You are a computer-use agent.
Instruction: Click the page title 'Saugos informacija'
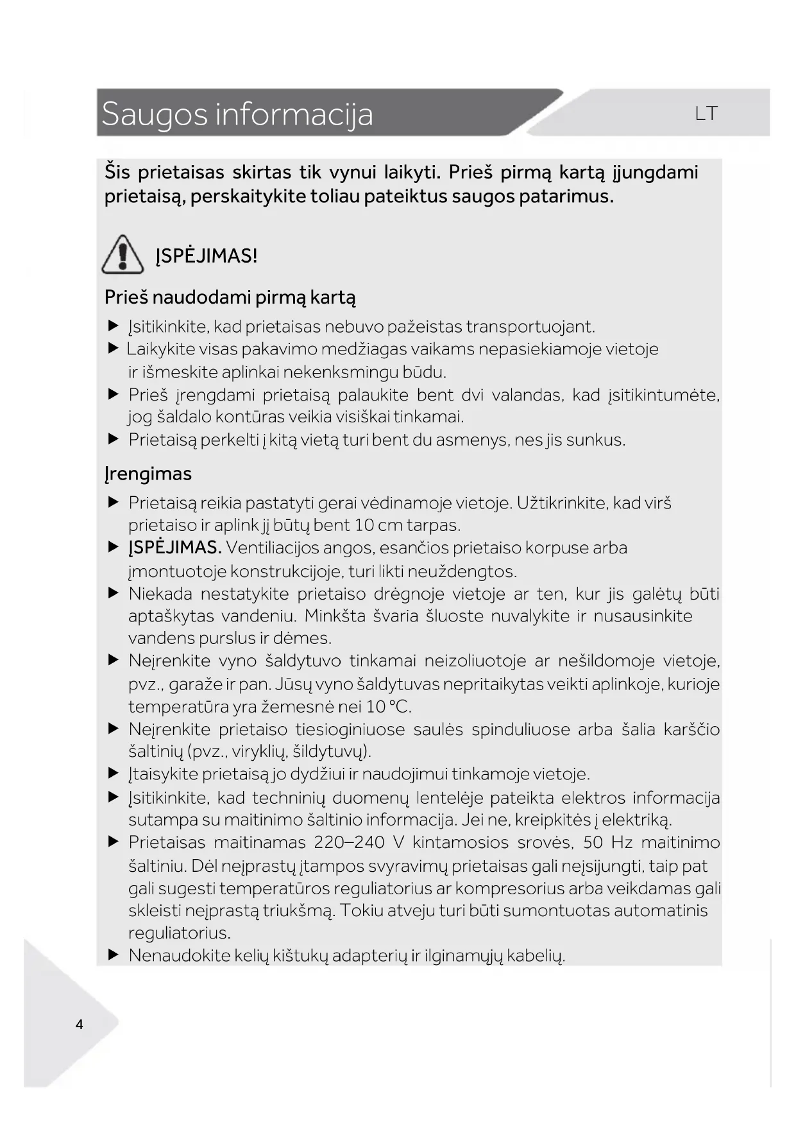click(x=237, y=114)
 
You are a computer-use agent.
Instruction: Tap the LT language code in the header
click(x=706, y=114)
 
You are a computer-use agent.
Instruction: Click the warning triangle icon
click(x=123, y=254)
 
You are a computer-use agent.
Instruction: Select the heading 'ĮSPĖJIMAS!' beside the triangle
click(x=206, y=256)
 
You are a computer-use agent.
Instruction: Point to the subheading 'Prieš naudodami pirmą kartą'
click(x=230, y=297)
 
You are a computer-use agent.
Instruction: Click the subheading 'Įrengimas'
click(x=148, y=474)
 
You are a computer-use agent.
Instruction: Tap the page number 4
click(x=80, y=1024)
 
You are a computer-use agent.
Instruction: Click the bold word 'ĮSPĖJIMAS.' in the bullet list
click(x=174, y=548)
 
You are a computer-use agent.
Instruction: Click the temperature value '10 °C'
click(x=387, y=707)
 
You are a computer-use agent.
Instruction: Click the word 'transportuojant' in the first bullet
click(x=530, y=327)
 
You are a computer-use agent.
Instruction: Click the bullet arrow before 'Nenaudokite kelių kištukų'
click(x=114, y=955)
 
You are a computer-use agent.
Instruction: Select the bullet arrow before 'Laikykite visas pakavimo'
click(x=114, y=349)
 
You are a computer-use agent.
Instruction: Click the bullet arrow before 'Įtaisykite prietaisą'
click(x=114, y=773)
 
